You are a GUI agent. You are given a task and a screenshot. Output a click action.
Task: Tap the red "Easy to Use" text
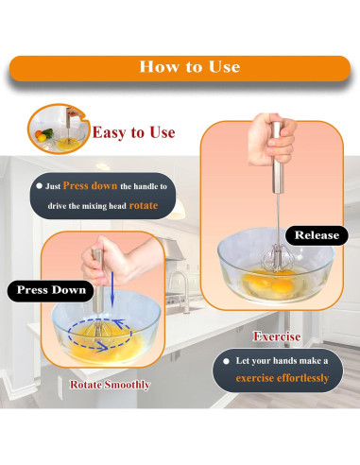point(133,132)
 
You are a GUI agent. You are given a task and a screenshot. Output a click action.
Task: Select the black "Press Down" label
point(51,290)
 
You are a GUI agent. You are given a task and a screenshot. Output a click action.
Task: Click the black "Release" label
point(317,235)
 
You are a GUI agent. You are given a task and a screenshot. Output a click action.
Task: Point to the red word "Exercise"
point(277,336)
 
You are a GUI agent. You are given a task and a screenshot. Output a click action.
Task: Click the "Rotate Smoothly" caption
point(110,385)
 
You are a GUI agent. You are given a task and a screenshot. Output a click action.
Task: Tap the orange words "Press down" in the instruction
point(90,185)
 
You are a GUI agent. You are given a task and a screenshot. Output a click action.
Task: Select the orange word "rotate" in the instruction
point(144,205)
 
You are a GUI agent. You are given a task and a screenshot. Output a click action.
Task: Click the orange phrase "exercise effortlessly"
point(283,378)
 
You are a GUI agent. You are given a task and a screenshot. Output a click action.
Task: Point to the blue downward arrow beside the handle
point(112,289)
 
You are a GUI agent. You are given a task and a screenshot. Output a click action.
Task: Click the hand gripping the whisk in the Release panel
point(271,139)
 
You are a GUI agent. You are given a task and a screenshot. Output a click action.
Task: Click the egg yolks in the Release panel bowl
point(272,283)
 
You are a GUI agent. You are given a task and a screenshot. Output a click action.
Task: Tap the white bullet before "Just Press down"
point(39,186)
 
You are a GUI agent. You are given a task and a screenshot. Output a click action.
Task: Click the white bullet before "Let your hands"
point(226,361)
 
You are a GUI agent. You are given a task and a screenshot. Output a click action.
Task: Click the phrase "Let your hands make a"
point(282,361)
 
